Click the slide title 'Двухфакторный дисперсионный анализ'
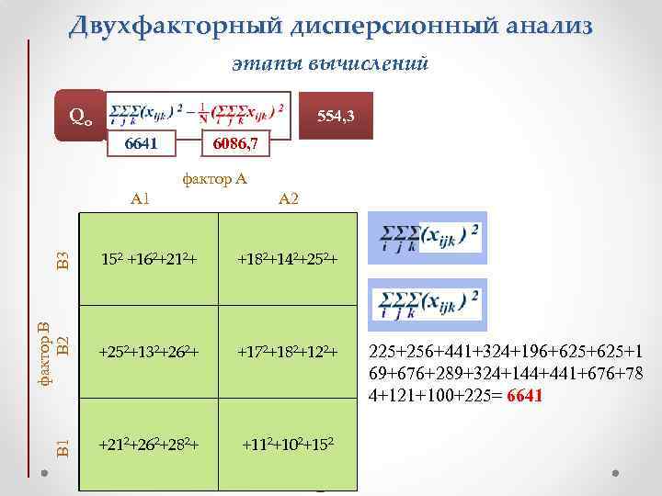click(330, 26)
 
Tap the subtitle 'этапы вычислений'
click(330, 63)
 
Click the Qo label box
click(80, 116)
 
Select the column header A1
click(141, 198)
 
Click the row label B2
click(62, 345)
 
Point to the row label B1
click(62, 447)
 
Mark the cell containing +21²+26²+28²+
click(150, 445)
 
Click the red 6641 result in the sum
click(525, 397)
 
